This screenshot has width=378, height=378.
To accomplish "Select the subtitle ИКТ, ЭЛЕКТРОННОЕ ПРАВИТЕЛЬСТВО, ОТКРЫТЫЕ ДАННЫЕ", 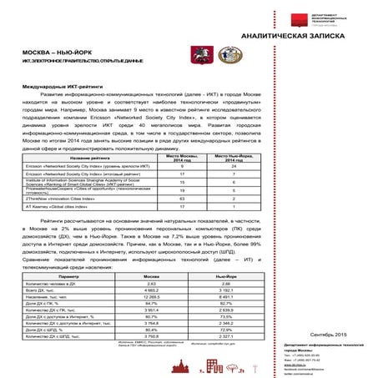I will coord(75,63).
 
